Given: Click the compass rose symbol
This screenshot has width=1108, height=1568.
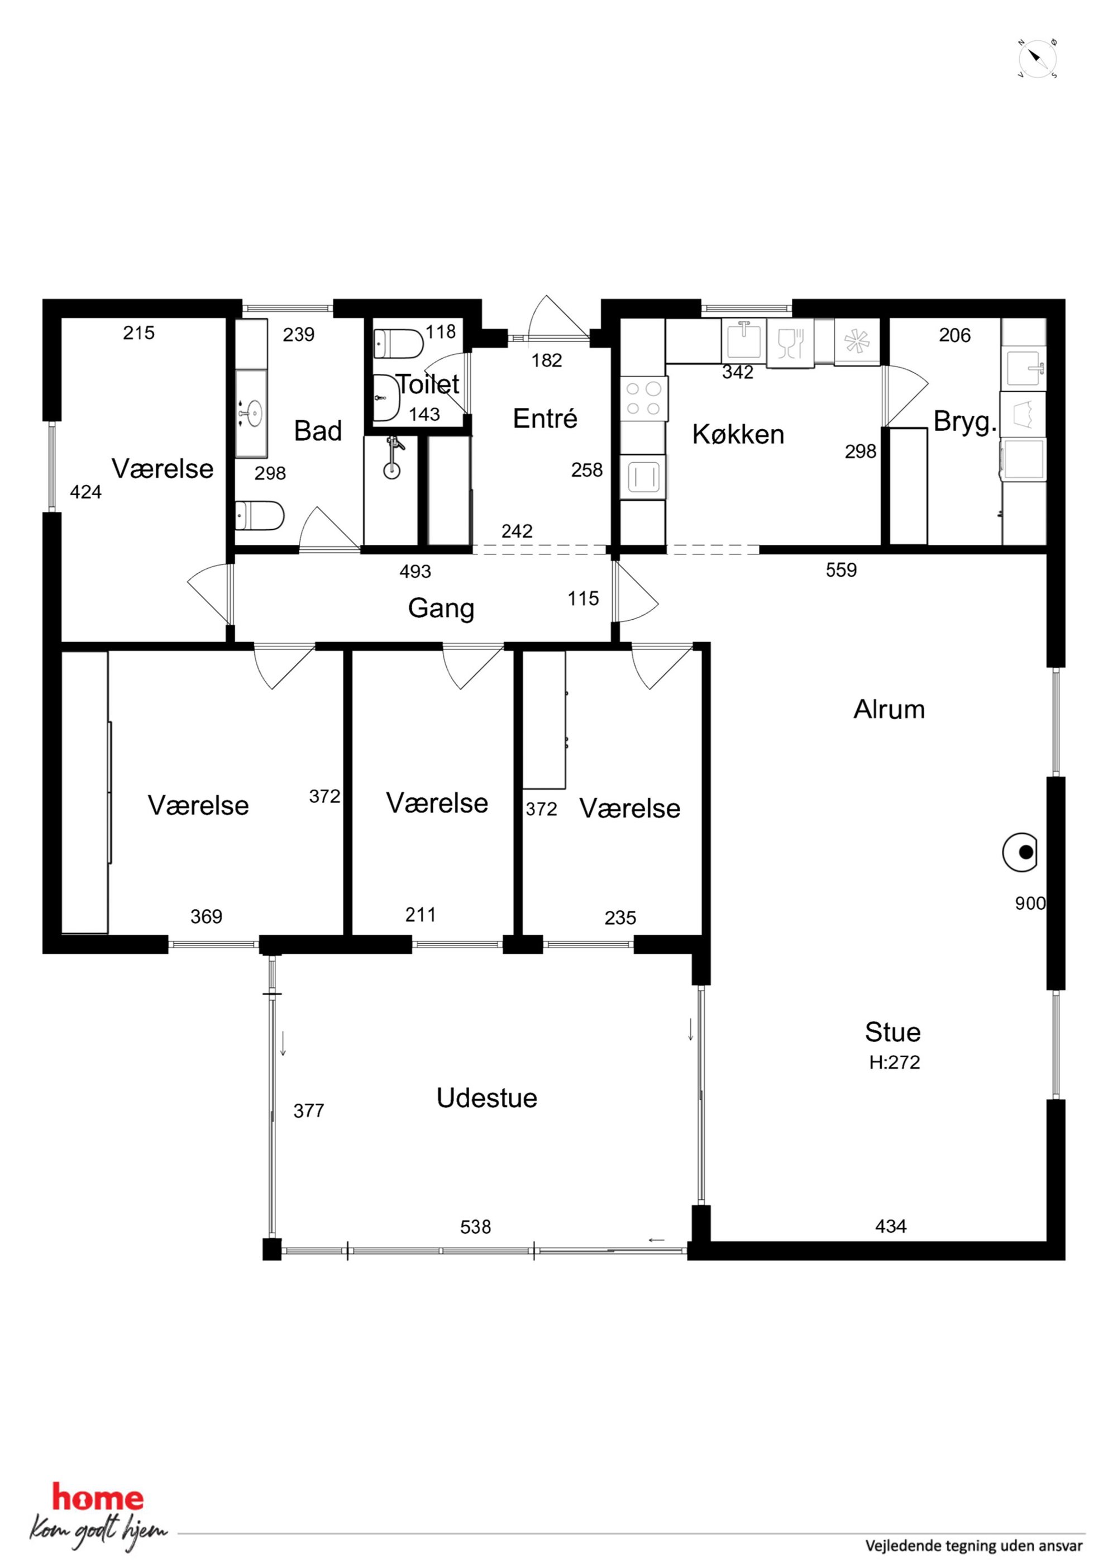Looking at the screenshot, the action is (x=1038, y=59).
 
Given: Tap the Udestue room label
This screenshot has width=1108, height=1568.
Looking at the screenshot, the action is (x=487, y=1097).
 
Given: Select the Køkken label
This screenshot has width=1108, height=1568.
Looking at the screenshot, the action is (x=738, y=434).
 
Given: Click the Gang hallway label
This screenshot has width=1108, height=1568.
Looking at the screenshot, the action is (x=441, y=609).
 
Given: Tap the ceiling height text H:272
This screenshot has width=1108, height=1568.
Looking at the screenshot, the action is (x=894, y=1063).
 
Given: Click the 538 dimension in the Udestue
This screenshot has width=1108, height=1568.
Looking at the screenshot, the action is (x=475, y=1227).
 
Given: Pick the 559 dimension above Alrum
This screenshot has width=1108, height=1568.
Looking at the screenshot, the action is (x=841, y=570).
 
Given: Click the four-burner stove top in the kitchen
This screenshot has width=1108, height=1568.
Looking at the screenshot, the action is (x=644, y=399).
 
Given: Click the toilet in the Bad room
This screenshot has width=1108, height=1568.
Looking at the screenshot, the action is (x=259, y=516).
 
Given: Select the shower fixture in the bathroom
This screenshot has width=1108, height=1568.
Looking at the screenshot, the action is (x=393, y=458).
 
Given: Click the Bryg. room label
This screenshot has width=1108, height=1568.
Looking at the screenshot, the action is (x=964, y=422).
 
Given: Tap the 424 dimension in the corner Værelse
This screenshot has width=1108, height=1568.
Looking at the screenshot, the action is (x=85, y=492).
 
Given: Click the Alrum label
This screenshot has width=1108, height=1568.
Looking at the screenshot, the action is (x=889, y=710).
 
